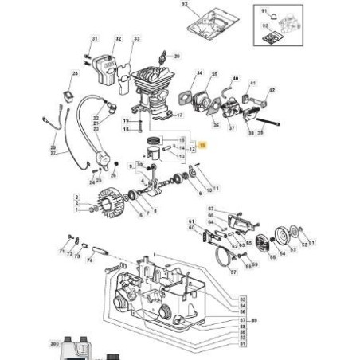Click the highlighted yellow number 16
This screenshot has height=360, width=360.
click(x=202, y=144)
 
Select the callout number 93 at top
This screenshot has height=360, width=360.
click(x=185, y=5)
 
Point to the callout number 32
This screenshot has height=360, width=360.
click(x=118, y=38)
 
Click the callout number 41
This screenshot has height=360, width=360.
click(x=254, y=82)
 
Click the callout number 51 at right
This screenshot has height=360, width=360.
click(x=310, y=242)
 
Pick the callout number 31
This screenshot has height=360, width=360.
click(x=94, y=38)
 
